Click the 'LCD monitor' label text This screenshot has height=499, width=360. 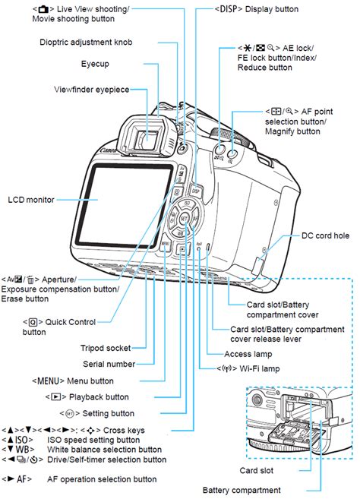(x=31, y=200)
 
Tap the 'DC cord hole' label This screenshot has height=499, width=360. (x=325, y=236)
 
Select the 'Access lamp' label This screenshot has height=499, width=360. (x=249, y=354)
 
